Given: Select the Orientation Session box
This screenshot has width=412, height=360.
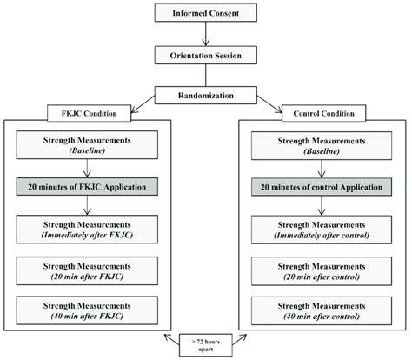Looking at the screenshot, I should pos(205,55).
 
